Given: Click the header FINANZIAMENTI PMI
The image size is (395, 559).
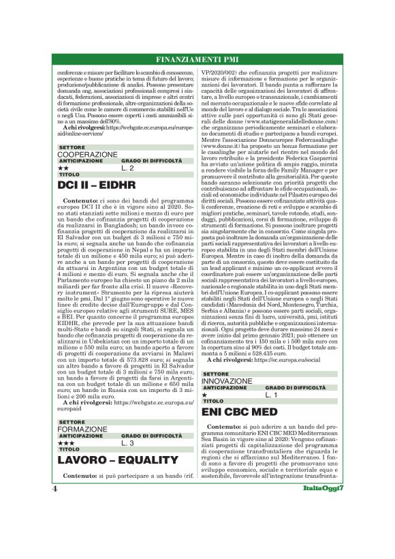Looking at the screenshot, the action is [197, 58].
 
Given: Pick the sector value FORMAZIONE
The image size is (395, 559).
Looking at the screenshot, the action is [82, 429].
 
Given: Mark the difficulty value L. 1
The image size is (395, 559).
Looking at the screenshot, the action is [272, 394].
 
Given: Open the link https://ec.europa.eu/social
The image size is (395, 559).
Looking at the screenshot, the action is [286, 359].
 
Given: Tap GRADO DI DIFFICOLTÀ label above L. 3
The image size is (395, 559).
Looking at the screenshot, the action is [148, 436].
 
